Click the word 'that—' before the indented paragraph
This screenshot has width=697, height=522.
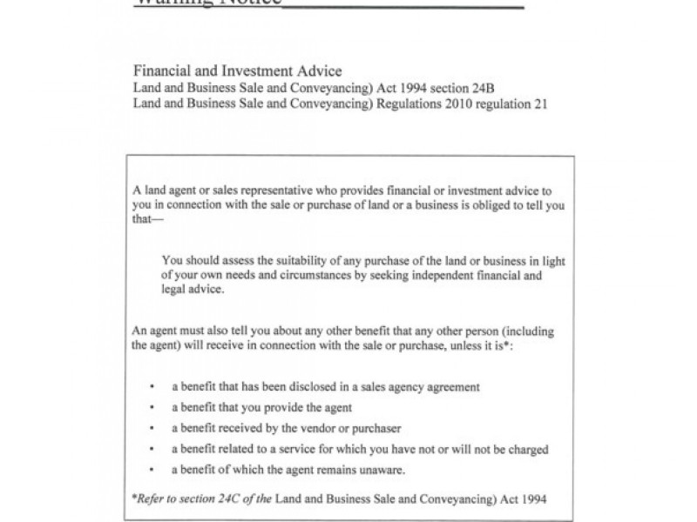tap(146, 219)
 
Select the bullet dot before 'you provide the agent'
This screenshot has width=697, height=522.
tap(152, 407)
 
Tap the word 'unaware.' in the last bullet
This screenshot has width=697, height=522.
tap(382, 470)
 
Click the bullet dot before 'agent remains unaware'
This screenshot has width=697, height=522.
tap(152, 470)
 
